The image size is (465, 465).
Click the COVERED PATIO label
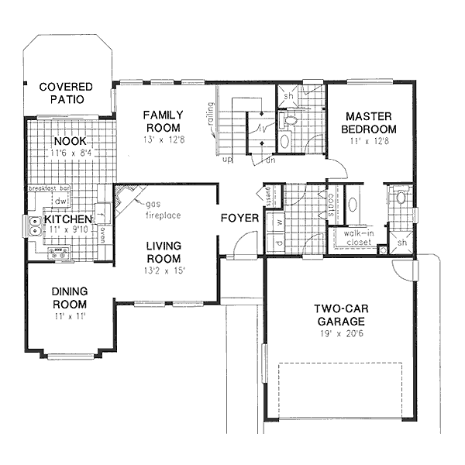[x=66, y=93]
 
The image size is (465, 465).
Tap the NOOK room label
[x=71, y=141]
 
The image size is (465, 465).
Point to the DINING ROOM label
[x=69, y=298]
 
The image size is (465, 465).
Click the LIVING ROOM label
[x=164, y=253]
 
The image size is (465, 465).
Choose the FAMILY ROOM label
[x=162, y=121]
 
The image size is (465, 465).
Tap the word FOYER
[x=239, y=219]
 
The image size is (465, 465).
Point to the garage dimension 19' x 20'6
[x=341, y=332]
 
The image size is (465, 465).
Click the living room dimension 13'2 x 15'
[x=164, y=270]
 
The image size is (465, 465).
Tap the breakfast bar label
[x=50, y=188]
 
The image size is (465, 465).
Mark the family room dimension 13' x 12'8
[x=162, y=139]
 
